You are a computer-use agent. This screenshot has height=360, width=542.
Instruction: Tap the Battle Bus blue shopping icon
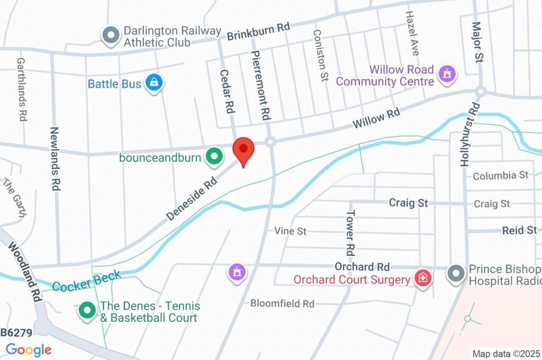pos(154,83)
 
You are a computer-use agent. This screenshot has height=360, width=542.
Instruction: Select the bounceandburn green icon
pos(214,156)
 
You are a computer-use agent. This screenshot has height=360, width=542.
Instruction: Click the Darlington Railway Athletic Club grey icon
pos(111,35)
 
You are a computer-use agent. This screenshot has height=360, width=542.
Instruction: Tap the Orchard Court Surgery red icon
pos(422,277)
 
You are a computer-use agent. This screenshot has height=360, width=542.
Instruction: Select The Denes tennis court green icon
pos(86,311)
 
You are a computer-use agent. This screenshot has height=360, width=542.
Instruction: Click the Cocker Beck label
pos(87,280)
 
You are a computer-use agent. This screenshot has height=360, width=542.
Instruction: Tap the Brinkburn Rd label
pos(259,32)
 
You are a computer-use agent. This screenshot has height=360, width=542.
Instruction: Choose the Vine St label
pos(290,231)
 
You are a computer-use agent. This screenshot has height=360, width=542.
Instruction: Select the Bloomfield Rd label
pos(282,304)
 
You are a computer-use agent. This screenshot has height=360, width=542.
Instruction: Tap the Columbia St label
pos(500,175)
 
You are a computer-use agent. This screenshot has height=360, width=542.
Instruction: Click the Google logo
pos(29,349)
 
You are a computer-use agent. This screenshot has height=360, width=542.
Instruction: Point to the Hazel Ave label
pos(412,33)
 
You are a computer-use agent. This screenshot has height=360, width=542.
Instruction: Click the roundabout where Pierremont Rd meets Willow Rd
pos(270,142)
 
